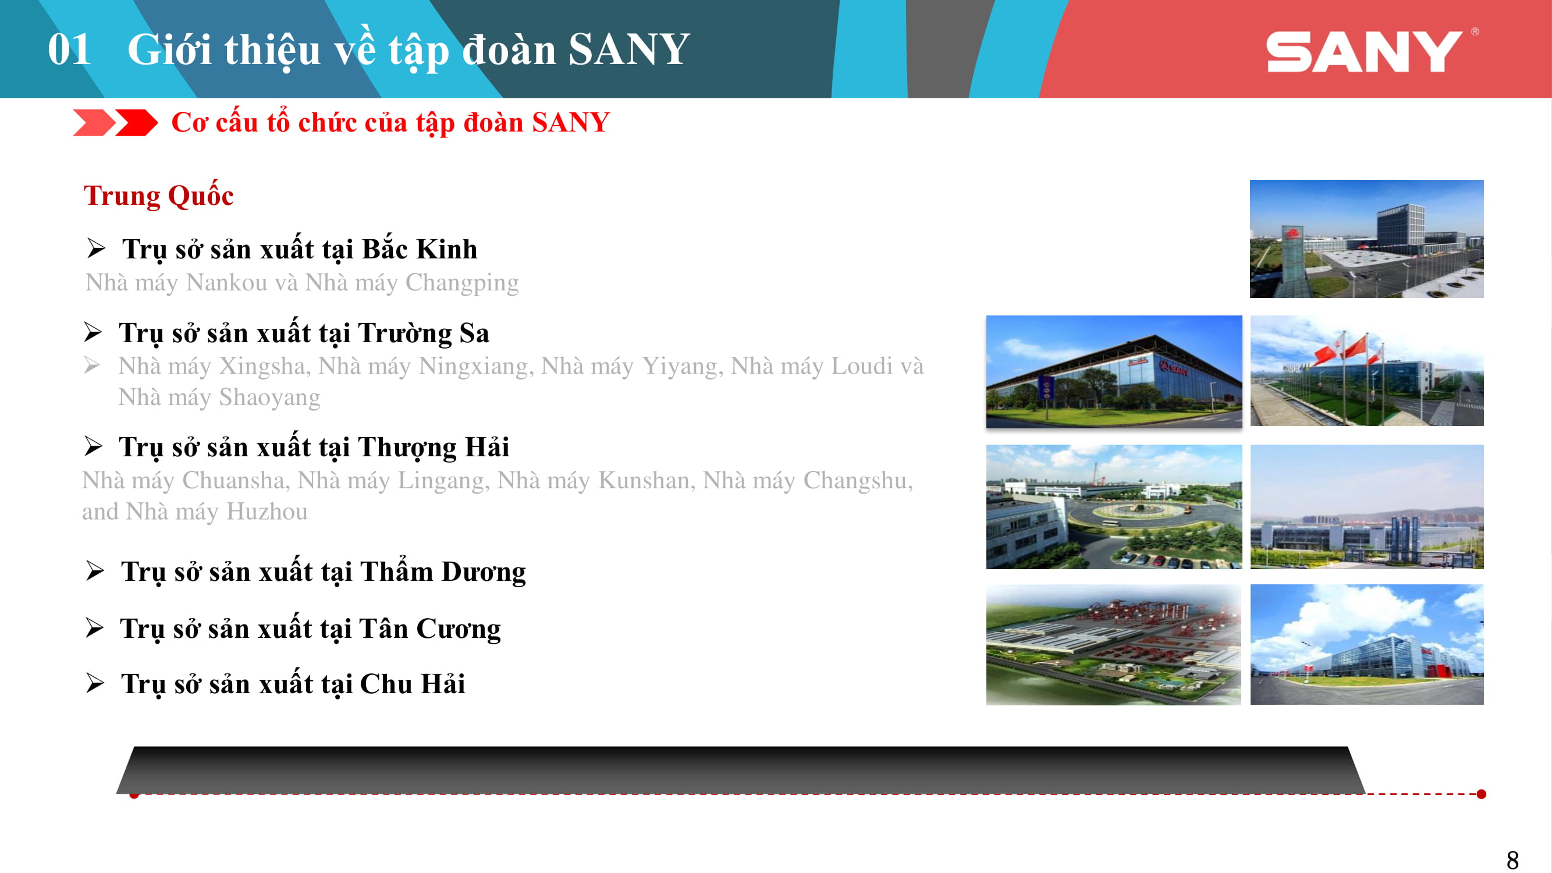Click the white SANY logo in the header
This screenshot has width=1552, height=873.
click(x=1364, y=52)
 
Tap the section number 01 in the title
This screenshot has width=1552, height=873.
click(x=69, y=49)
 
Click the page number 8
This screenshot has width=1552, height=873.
click(x=1512, y=859)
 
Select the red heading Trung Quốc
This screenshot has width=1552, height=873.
click(x=158, y=196)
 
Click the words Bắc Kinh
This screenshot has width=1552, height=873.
click(x=420, y=250)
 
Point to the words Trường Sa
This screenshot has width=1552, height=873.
click(x=423, y=333)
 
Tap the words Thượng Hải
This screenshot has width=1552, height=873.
click(x=433, y=447)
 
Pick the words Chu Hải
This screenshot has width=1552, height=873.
click(x=412, y=684)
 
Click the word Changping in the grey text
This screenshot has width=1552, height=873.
click(x=461, y=283)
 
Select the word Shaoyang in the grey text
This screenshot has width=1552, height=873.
click(x=269, y=398)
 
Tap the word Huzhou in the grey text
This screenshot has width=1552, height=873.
click(x=267, y=512)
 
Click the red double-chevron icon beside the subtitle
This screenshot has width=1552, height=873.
click(x=115, y=123)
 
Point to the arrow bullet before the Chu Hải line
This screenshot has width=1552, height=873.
click(x=95, y=683)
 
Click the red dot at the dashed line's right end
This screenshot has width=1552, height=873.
click(x=1482, y=794)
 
